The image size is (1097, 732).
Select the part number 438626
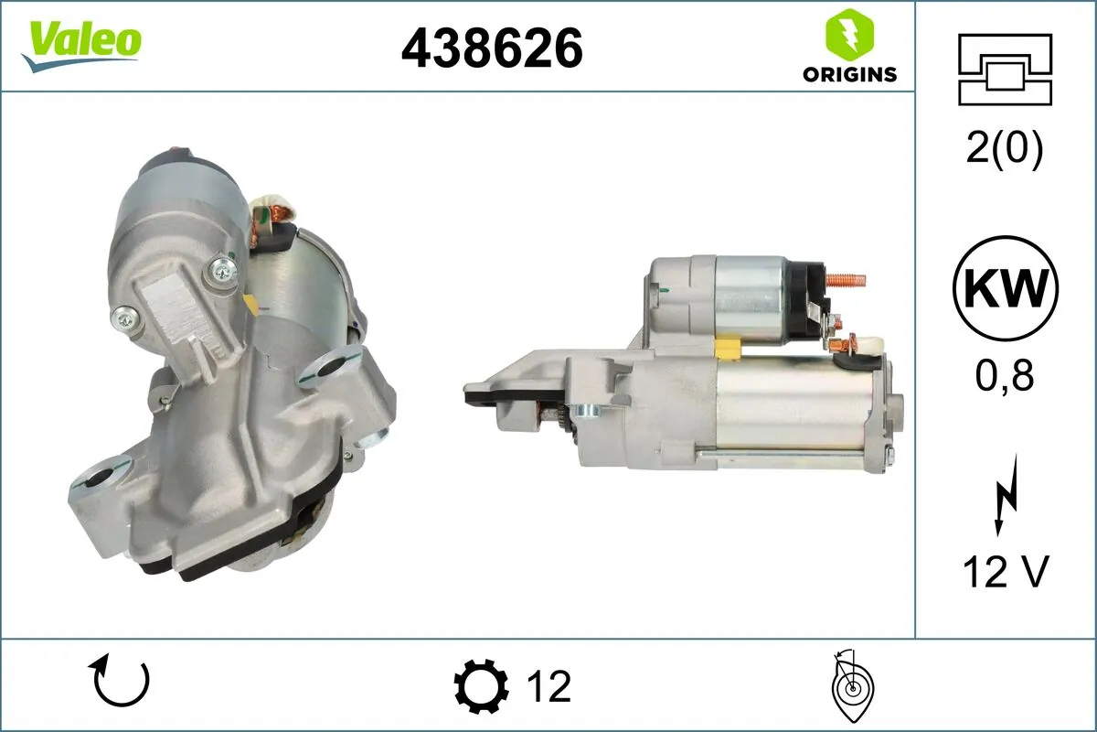coord(492,48)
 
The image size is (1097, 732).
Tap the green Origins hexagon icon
coord(849,35)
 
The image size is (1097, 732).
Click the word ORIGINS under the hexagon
coord(849,75)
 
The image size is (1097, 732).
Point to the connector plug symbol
coord(1005,69)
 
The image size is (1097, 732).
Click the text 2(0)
coord(1005,150)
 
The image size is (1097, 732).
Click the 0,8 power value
coord(1005,376)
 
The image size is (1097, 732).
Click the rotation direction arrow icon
coord(120,684)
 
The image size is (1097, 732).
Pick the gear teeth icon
coord(481,685)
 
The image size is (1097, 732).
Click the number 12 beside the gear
coord(548,685)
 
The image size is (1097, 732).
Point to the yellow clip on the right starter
coord(730,347)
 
